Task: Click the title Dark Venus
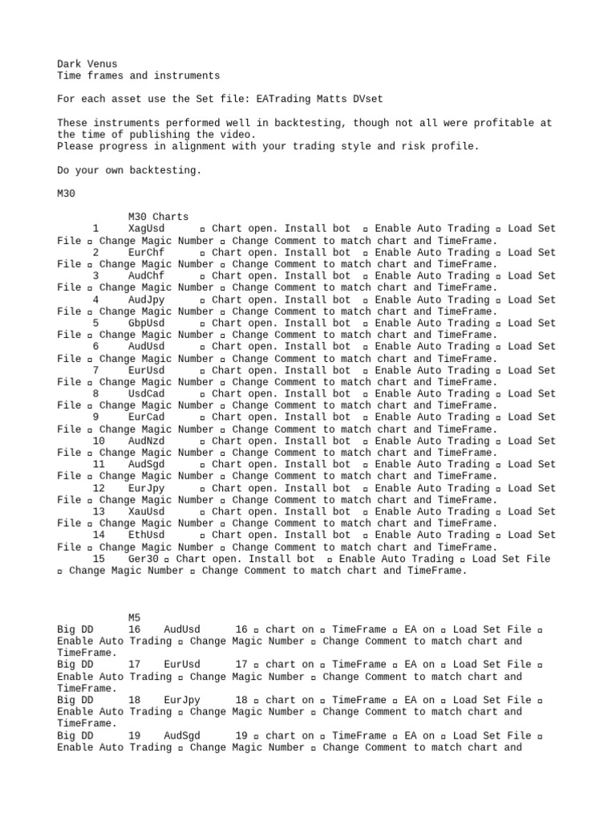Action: pyautogui.click(x=87, y=63)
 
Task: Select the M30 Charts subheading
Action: pyautogui.click(x=158, y=217)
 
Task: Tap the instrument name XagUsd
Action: pyautogui.click(x=146, y=229)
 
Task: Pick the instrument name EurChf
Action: pyautogui.click(x=146, y=252)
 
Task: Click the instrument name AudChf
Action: pyautogui.click(x=146, y=275)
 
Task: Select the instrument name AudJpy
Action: pyautogui.click(x=146, y=299)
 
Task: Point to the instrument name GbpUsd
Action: pyautogui.click(x=146, y=323)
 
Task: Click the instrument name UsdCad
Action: pyautogui.click(x=146, y=393)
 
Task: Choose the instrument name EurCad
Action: pyautogui.click(x=146, y=417)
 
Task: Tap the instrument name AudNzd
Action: pyautogui.click(x=146, y=441)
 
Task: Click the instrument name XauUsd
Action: pyautogui.click(x=146, y=511)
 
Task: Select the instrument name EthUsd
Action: pyautogui.click(x=146, y=535)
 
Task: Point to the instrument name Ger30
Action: pyautogui.click(x=143, y=559)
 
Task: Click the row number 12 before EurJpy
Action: pyautogui.click(x=99, y=488)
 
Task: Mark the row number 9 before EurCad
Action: pyautogui.click(x=95, y=417)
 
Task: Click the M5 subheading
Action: pyautogui.click(x=134, y=617)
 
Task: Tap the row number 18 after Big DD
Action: pyautogui.click(x=134, y=700)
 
